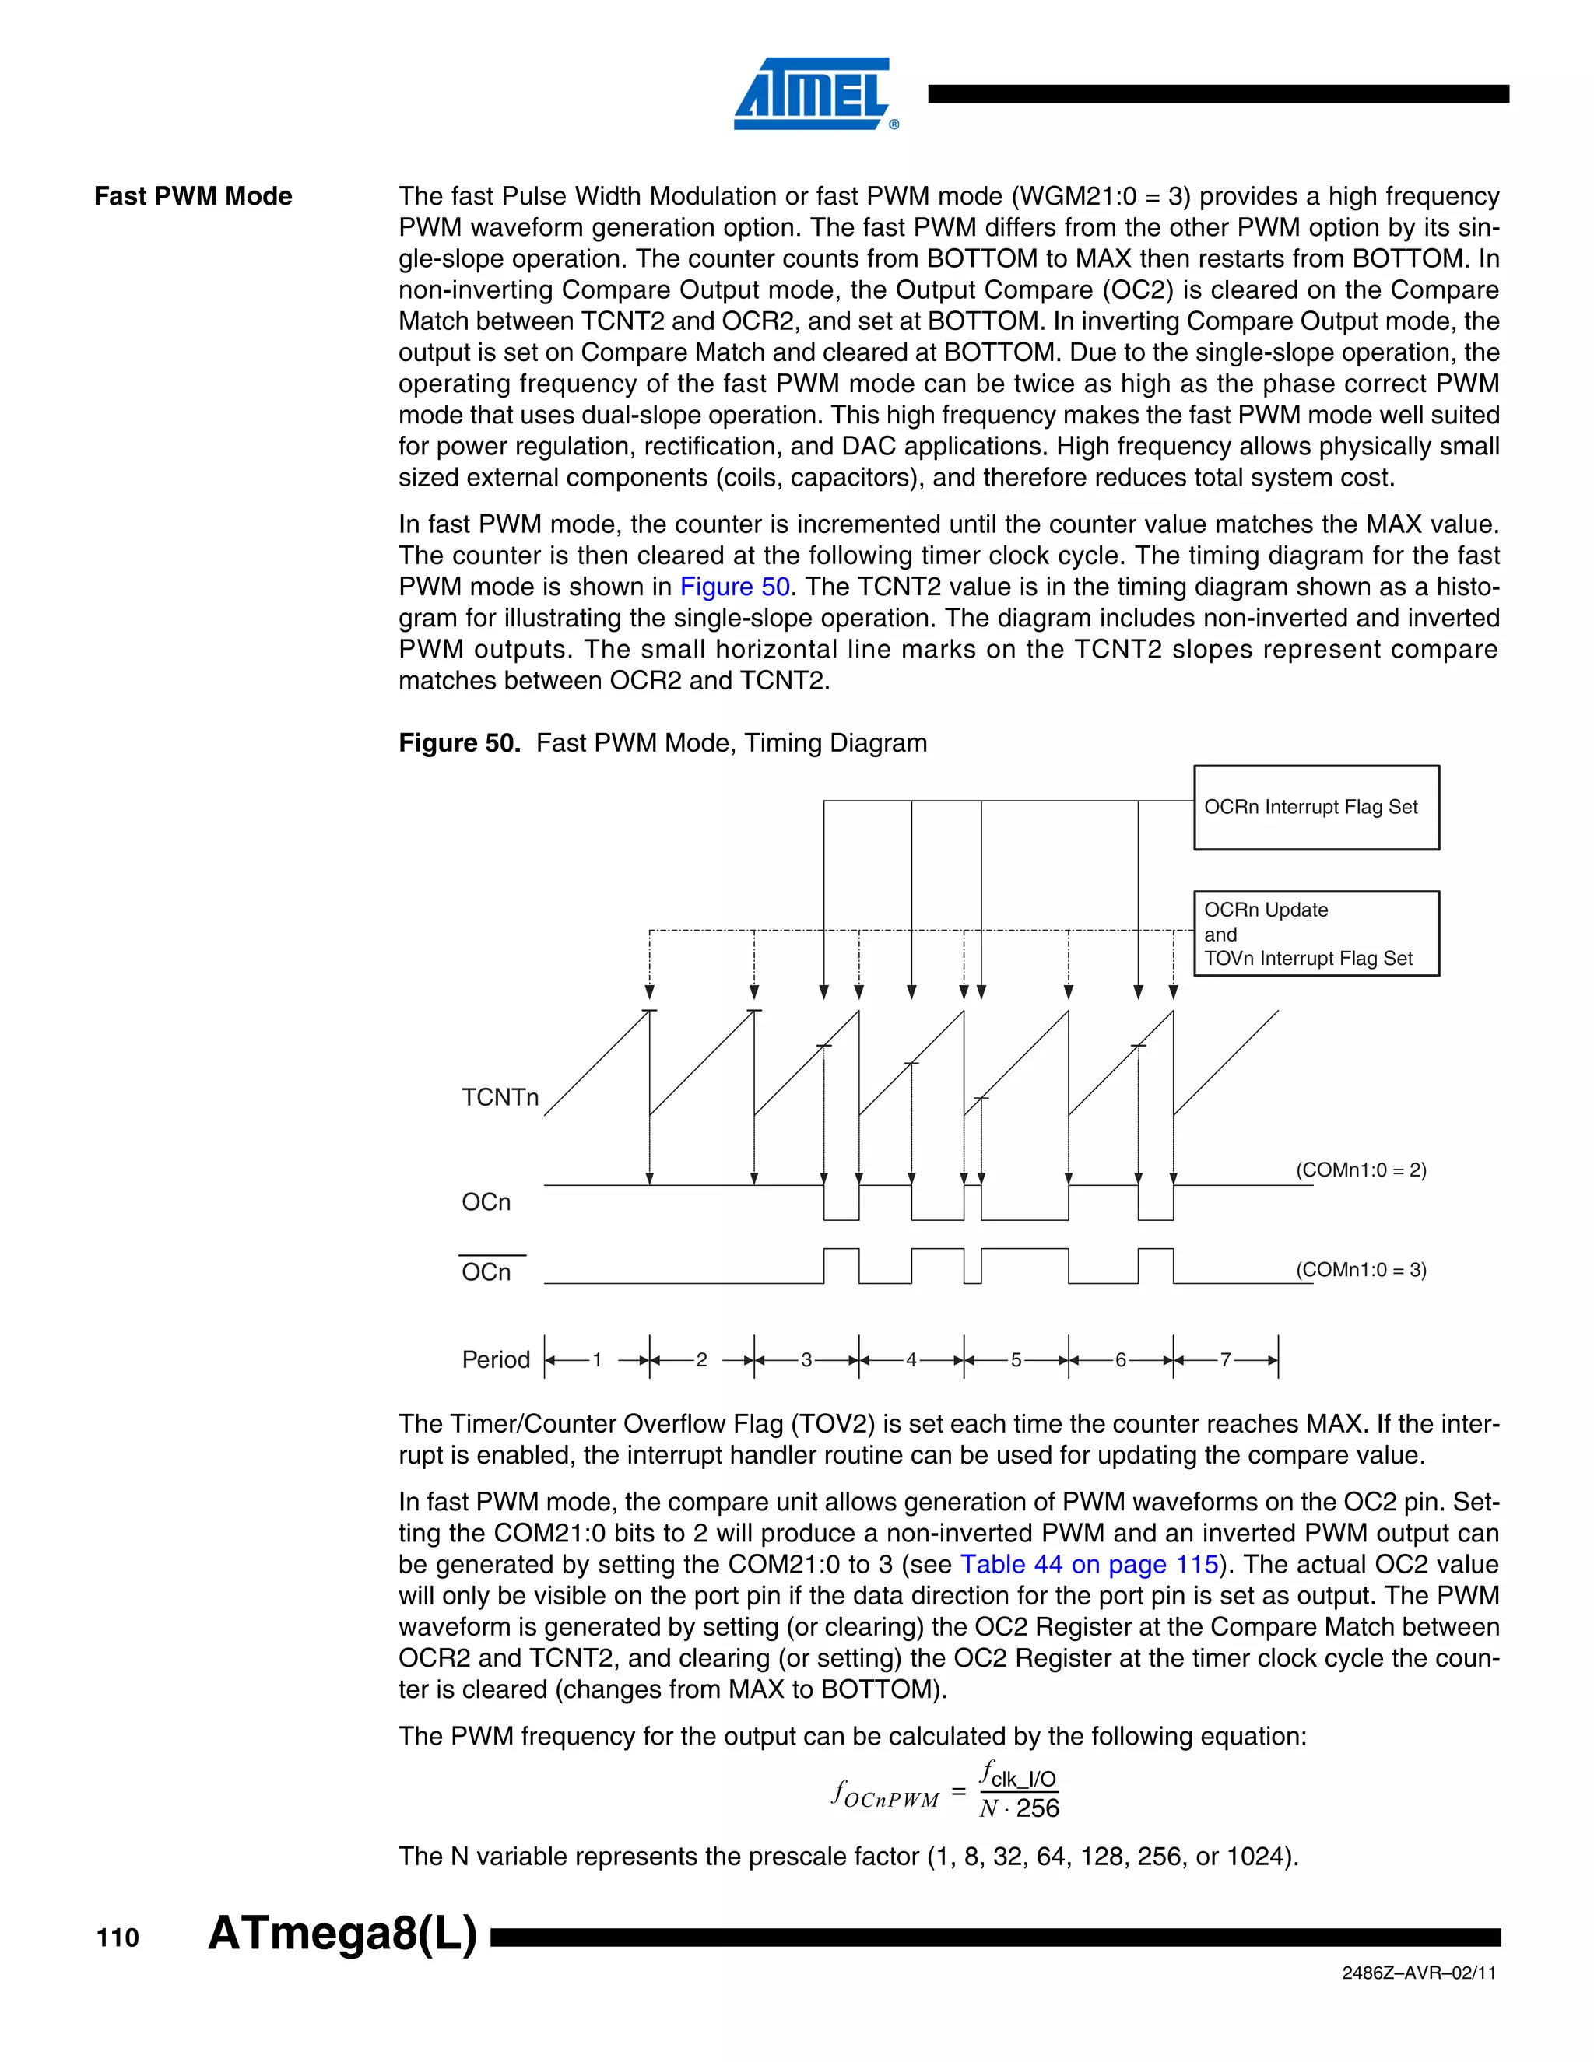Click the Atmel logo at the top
pyautogui.click(x=813, y=93)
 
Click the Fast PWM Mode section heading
pyautogui.click(x=194, y=196)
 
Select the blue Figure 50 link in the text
pyautogui.click(x=735, y=587)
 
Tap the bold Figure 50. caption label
pyautogui.click(x=459, y=743)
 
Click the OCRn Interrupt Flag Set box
pyautogui.click(x=1315, y=807)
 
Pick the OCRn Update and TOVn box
pyautogui.click(x=1315, y=934)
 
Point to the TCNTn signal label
pyautogui.click(x=500, y=1097)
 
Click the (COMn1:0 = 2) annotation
pyautogui.click(x=1361, y=1170)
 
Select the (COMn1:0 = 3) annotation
pyautogui.click(x=1361, y=1270)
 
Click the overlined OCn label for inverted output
pyautogui.click(x=486, y=1271)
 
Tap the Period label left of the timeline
pyautogui.click(x=496, y=1359)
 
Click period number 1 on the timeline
pyautogui.click(x=597, y=1359)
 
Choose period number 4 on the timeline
pyautogui.click(x=911, y=1359)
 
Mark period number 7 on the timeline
pyautogui.click(x=1226, y=1359)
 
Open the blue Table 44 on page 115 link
pyautogui.click(x=1089, y=1565)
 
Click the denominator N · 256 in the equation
pyautogui.click(x=1019, y=1808)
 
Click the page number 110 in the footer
pyautogui.click(x=118, y=1938)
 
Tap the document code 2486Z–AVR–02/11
pyautogui.click(x=1418, y=1973)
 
